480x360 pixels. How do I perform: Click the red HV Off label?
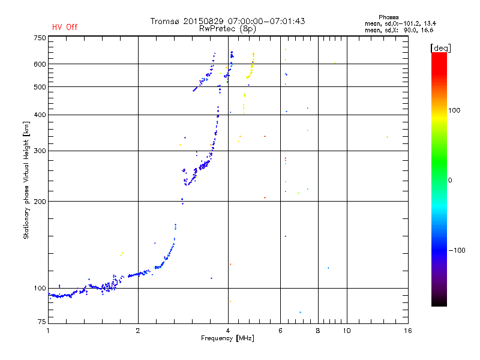pos(64,27)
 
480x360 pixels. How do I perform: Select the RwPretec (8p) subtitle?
pos(227,28)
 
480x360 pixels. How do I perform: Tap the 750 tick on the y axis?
pos(40,37)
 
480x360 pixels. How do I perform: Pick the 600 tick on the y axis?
pos(40,64)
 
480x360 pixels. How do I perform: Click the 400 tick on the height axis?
pos(40,115)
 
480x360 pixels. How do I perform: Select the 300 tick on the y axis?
pos(40,151)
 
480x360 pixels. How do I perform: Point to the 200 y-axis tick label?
pos(40,201)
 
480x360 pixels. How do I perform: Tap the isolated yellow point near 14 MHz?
pos(387,137)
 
